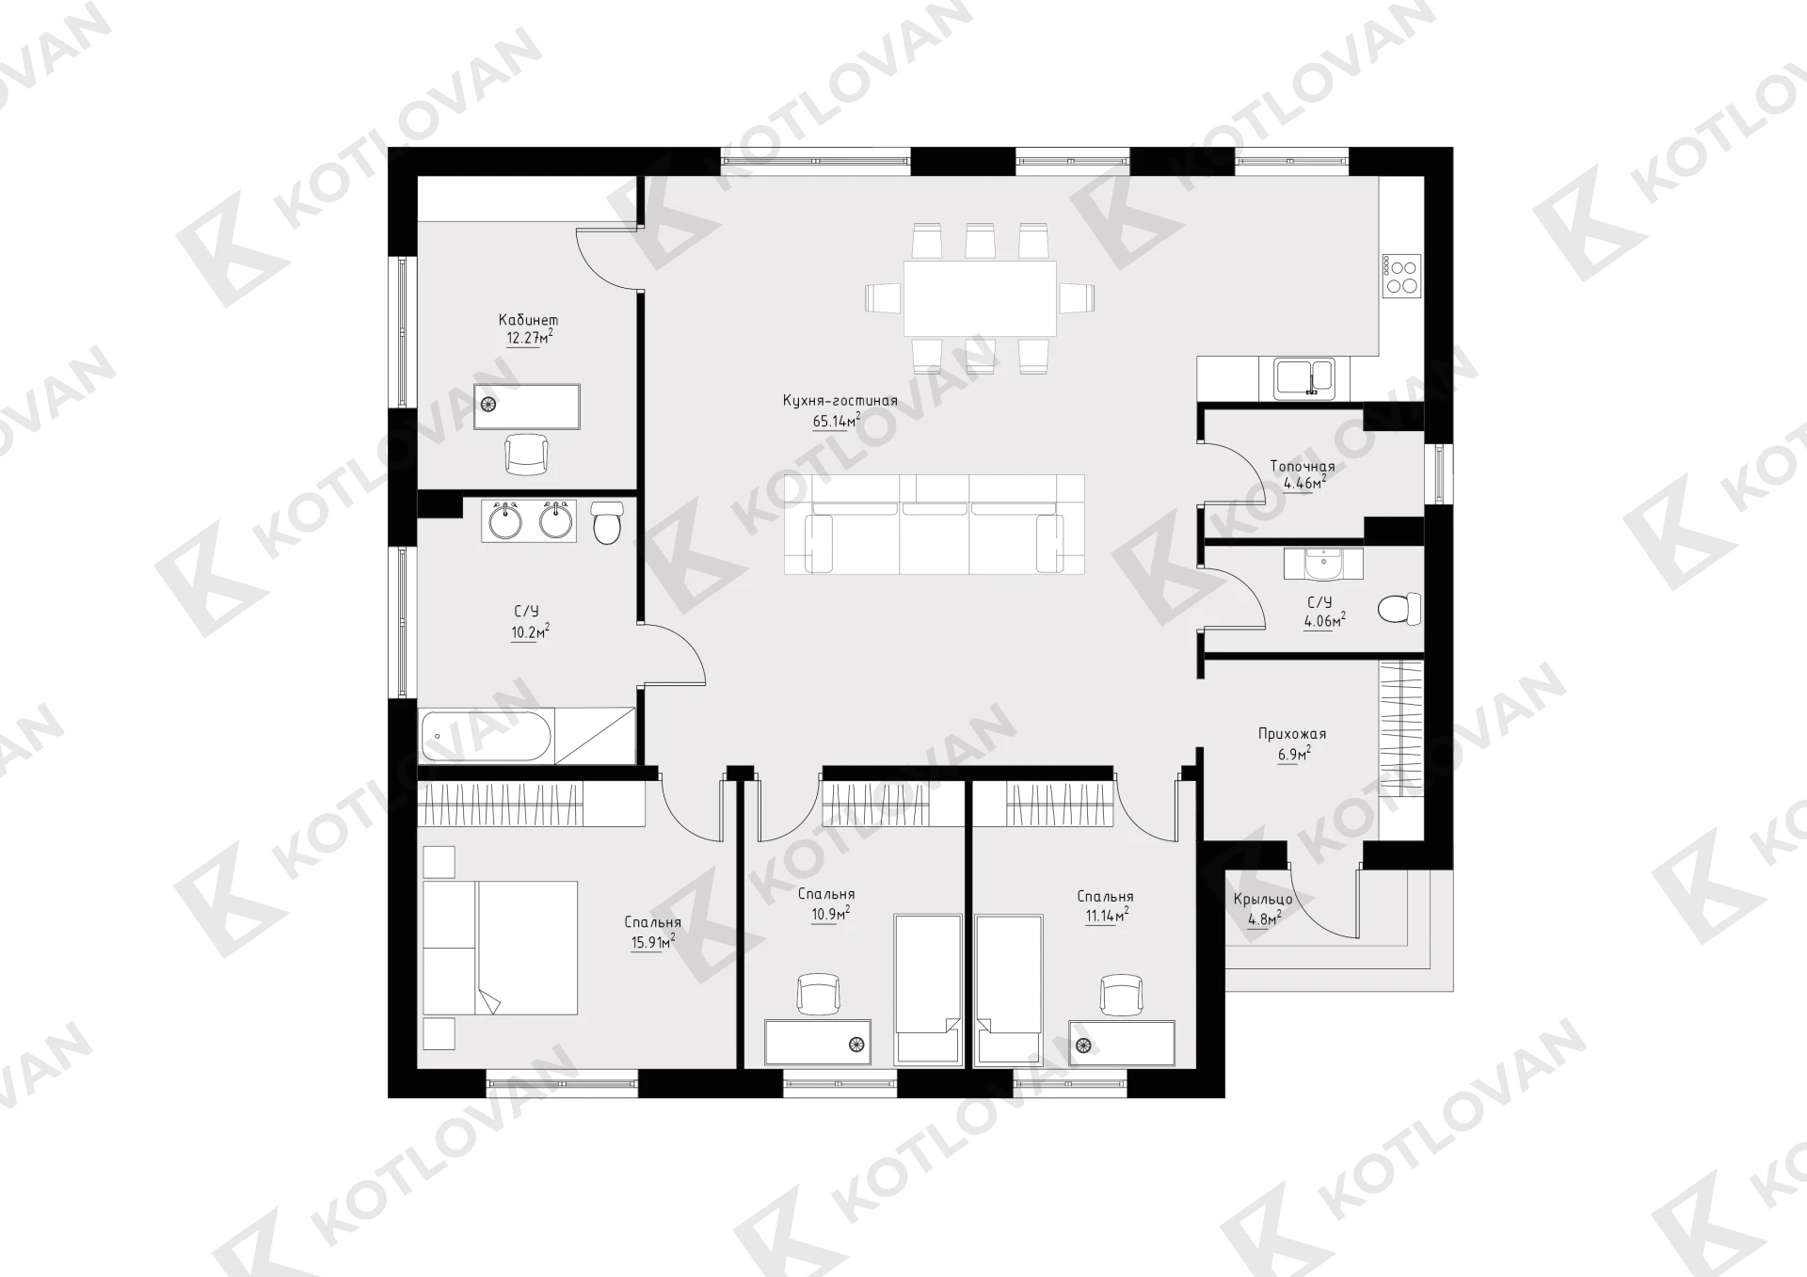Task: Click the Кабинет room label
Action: click(x=528, y=321)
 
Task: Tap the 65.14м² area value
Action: click(x=837, y=421)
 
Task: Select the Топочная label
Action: click(x=1303, y=467)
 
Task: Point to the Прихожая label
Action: click(x=1292, y=734)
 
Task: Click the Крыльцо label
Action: click(x=1262, y=900)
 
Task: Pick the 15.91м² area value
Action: click(x=653, y=941)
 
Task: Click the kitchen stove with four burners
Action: click(x=1400, y=276)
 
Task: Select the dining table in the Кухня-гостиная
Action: click(x=980, y=298)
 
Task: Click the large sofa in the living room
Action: click(x=935, y=524)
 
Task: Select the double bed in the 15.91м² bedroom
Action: click(x=500, y=948)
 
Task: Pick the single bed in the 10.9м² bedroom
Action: click(x=928, y=989)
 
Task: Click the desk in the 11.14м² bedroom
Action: click(x=1122, y=1043)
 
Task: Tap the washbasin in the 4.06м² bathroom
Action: click(x=1323, y=565)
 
